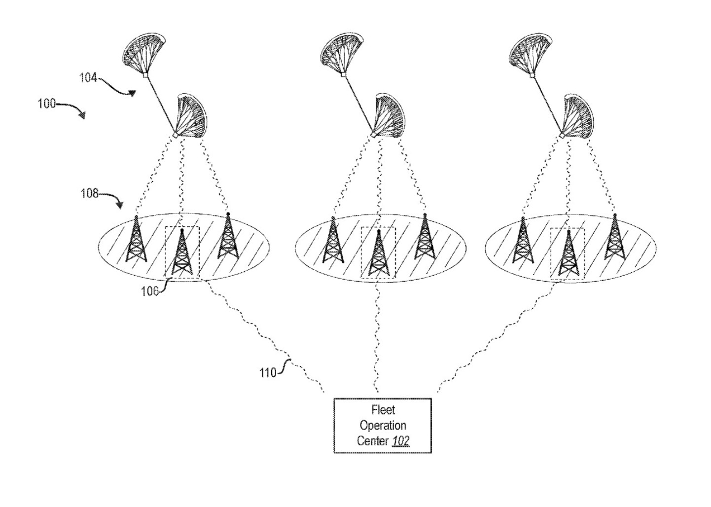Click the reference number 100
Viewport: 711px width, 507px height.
point(47,104)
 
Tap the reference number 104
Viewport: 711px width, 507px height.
point(88,77)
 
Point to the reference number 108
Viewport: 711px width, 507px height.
point(89,193)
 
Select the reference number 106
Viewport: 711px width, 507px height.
point(149,291)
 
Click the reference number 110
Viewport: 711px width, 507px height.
point(268,372)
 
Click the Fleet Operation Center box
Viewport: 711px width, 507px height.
point(383,425)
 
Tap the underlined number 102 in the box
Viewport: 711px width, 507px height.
point(400,440)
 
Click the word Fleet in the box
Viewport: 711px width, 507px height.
point(383,410)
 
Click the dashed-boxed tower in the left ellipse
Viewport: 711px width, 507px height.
point(182,253)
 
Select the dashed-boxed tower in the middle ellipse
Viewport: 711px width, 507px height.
point(378,253)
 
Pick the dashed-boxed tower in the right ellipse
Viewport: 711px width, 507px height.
point(568,253)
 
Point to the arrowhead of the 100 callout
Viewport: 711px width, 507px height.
point(82,115)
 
